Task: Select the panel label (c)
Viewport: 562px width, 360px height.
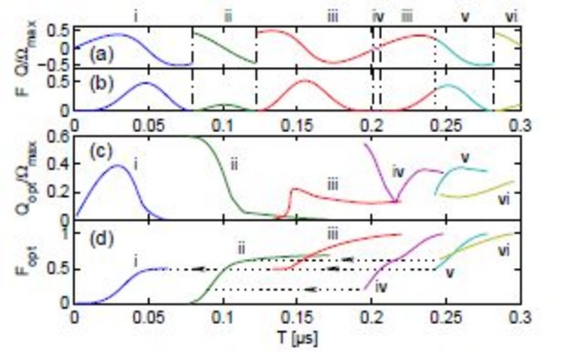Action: (98, 152)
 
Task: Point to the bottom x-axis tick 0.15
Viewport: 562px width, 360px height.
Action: (297, 317)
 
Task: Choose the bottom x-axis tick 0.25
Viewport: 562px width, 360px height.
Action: (445, 317)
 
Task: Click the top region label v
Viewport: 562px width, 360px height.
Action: (465, 15)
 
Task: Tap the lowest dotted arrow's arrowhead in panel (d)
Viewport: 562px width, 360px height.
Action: (310, 289)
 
